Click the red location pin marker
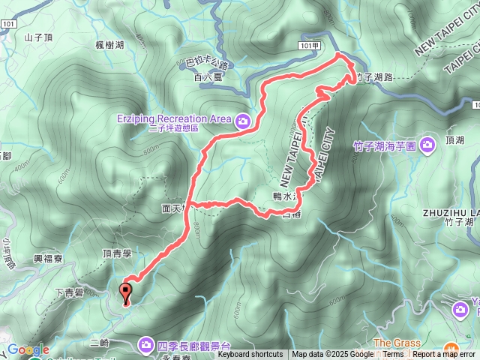125,292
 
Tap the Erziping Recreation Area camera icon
242,119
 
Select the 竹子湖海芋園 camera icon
427,143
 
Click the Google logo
28,349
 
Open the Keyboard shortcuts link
250,355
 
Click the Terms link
393,355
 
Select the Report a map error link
443,355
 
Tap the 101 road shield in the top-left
8,24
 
